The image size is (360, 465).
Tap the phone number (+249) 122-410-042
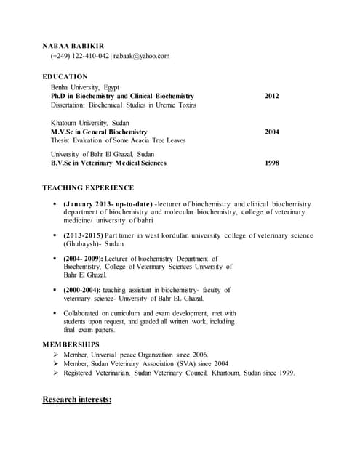click(79, 56)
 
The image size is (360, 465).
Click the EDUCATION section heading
click(65, 76)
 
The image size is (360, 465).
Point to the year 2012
click(271, 96)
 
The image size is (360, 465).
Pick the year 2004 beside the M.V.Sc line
click(271, 132)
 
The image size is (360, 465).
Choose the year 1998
click(271, 163)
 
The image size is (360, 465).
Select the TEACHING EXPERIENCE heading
click(88, 188)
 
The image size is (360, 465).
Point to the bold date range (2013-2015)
click(84, 235)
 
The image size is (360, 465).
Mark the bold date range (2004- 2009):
click(84, 258)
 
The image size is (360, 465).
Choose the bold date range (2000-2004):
click(84, 289)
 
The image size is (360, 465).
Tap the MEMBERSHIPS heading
click(71, 343)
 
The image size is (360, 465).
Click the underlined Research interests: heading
click(77, 399)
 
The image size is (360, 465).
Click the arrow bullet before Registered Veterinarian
click(55, 373)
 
